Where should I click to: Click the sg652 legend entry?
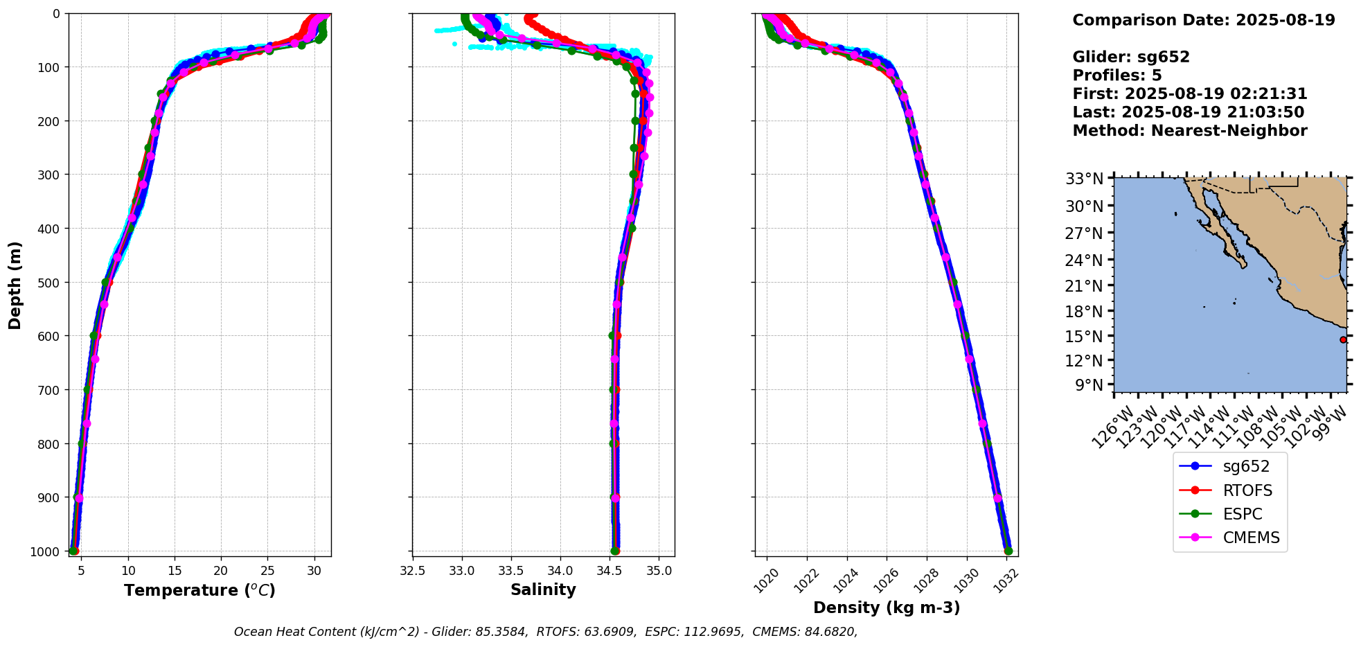coord(1246,467)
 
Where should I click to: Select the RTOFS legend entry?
coord(1247,490)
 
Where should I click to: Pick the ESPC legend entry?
coord(1243,514)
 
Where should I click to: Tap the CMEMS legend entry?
coord(1251,538)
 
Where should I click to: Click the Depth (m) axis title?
coord(15,285)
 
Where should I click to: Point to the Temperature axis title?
coord(199,590)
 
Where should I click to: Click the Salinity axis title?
coord(543,590)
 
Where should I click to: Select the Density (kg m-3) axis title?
coord(887,608)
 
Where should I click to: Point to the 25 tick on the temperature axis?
coord(267,571)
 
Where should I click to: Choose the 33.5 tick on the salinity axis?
coord(511,571)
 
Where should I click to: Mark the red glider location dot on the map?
coord(1343,339)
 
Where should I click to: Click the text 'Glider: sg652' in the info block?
coord(1131,57)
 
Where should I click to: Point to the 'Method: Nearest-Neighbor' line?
coord(1190,130)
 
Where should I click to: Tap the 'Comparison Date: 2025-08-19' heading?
coord(1204,20)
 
